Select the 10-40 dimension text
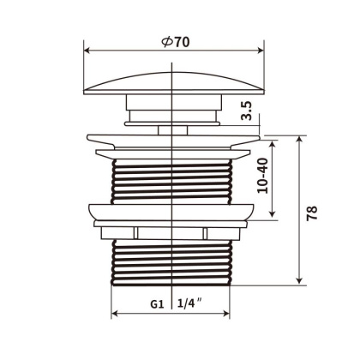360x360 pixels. tap(263, 176)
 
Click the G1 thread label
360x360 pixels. tap(156, 303)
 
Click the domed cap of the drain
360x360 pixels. tap(174, 80)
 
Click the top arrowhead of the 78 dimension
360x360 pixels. tap(298, 138)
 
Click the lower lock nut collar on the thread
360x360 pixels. tap(174, 215)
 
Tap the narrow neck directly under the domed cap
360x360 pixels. tap(174, 108)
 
